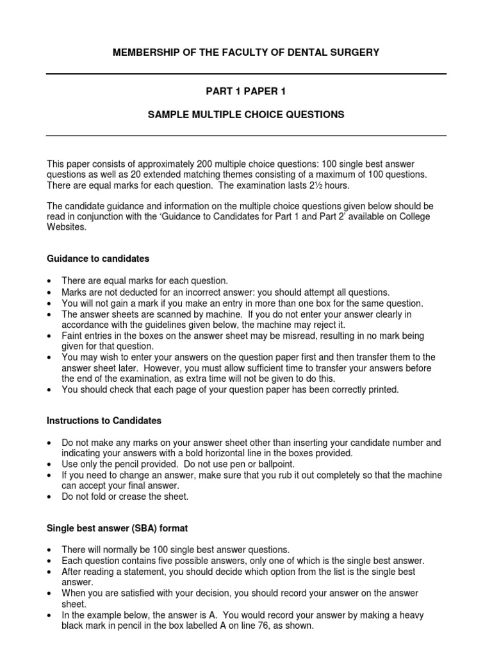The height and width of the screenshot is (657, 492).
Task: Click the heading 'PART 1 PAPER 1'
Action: pyautogui.click(x=246, y=92)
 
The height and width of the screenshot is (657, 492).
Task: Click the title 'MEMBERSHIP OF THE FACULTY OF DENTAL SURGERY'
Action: pyautogui.click(x=246, y=53)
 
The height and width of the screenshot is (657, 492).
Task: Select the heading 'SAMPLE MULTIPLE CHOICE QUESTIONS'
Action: pyautogui.click(x=246, y=115)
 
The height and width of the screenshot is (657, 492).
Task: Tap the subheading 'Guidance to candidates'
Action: pyautogui.click(x=98, y=259)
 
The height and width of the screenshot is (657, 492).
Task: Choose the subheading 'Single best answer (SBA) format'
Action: pyautogui.click(x=117, y=528)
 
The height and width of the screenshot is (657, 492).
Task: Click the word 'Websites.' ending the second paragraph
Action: pyautogui.click(x=65, y=227)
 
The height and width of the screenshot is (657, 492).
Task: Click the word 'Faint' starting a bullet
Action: pyautogui.click(x=72, y=336)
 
